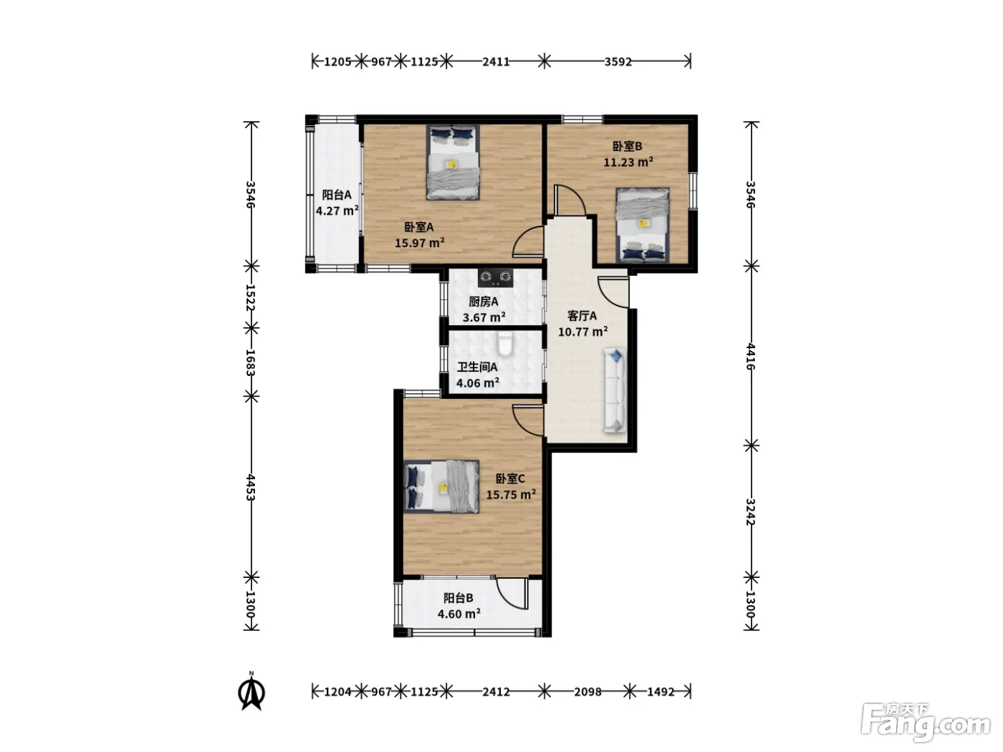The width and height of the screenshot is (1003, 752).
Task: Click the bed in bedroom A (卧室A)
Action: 453,162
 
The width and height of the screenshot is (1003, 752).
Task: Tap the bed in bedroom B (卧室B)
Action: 642,225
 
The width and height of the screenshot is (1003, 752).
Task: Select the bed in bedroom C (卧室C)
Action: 441,487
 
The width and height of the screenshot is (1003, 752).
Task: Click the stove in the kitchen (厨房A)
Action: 495,277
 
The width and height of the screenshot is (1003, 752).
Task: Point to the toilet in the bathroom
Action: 505,344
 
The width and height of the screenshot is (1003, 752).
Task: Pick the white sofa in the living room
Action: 615,390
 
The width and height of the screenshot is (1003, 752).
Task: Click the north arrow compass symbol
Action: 251,691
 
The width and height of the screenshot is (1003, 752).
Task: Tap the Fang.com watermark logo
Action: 926,723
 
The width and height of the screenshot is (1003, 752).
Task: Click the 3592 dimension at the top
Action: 618,62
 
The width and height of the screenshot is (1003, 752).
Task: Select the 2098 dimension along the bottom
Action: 587,692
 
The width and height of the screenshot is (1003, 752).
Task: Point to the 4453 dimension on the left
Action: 251,487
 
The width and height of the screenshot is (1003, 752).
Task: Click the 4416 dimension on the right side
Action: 751,357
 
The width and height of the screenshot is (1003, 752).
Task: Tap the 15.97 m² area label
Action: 420,243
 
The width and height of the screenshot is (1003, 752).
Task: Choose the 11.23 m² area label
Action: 628,162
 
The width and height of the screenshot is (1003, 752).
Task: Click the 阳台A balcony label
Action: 337,195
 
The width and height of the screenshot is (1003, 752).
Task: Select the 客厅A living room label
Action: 582,316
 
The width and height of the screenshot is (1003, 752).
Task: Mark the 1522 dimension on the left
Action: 251,297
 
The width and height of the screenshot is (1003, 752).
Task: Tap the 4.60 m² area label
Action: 459,614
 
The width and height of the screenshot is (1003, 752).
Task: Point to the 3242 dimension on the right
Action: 751,512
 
